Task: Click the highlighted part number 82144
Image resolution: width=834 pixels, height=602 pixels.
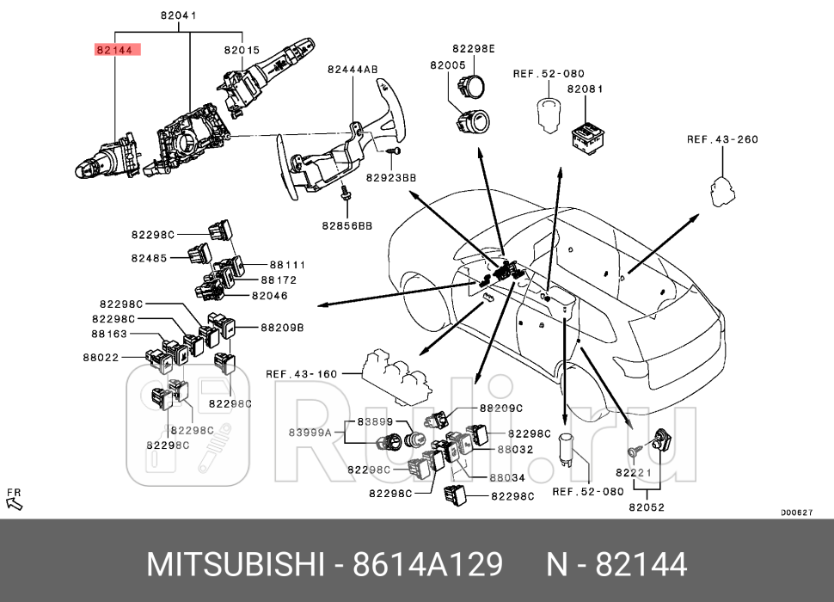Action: (x=114, y=50)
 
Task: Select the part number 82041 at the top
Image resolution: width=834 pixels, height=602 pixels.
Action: (x=178, y=15)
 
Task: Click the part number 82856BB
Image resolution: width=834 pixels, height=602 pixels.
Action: (x=347, y=225)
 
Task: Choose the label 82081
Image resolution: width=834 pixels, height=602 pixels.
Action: (x=585, y=89)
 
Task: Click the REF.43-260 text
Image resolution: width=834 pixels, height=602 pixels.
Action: (x=722, y=139)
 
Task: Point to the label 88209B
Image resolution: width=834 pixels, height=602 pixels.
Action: (x=283, y=328)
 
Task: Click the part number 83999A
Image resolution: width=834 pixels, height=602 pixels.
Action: (x=309, y=433)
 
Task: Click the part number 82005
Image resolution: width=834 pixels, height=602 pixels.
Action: (x=448, y=65)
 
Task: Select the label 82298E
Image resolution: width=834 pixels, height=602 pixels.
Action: (x=474, y=49)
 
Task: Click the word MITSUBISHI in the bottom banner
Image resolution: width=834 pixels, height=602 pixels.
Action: (x=235, y=565)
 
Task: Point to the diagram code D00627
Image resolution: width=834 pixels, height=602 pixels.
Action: (x=796, y=513)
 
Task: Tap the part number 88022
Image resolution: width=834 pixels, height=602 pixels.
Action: (x=100, y=357)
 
